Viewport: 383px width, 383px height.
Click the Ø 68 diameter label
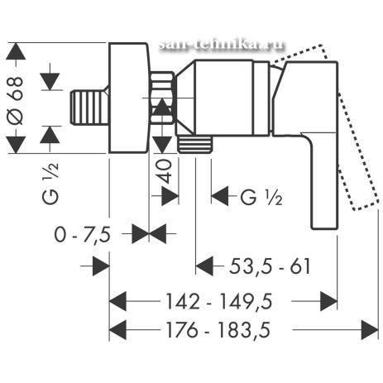[x=15, y=100]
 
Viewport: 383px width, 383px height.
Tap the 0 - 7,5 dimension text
[x=82, y=235]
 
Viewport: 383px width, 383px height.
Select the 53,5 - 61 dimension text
[x=270, y=266]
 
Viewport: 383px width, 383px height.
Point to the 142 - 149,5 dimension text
[x=218, y=301]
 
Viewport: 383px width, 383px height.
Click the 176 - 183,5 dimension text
[x=218, y=330]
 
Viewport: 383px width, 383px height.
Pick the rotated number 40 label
[x=164, y=172]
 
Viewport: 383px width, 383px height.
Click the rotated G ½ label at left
[x=50, y=184]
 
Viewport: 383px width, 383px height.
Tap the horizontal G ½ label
[x=261, y=197]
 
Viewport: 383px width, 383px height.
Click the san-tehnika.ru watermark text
[x=222, y=45]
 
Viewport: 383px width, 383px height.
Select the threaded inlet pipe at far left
[x=89, y=108]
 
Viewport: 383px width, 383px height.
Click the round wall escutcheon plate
[x=129, y=98]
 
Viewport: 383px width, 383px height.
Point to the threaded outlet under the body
[x=195, y=145]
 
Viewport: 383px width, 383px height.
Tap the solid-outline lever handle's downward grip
[x=324, y=180]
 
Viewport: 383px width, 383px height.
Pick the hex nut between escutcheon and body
[x=162, y=97]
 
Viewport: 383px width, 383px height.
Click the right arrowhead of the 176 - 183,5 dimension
[x=370, y=330]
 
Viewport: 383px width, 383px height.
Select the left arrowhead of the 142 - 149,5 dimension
[x=117, y=301]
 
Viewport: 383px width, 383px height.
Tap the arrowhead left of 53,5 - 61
[x=204, y=266]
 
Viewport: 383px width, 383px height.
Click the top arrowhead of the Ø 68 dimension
[x=16, y=51]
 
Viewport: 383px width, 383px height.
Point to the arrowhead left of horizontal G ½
[x=220, y=196]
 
